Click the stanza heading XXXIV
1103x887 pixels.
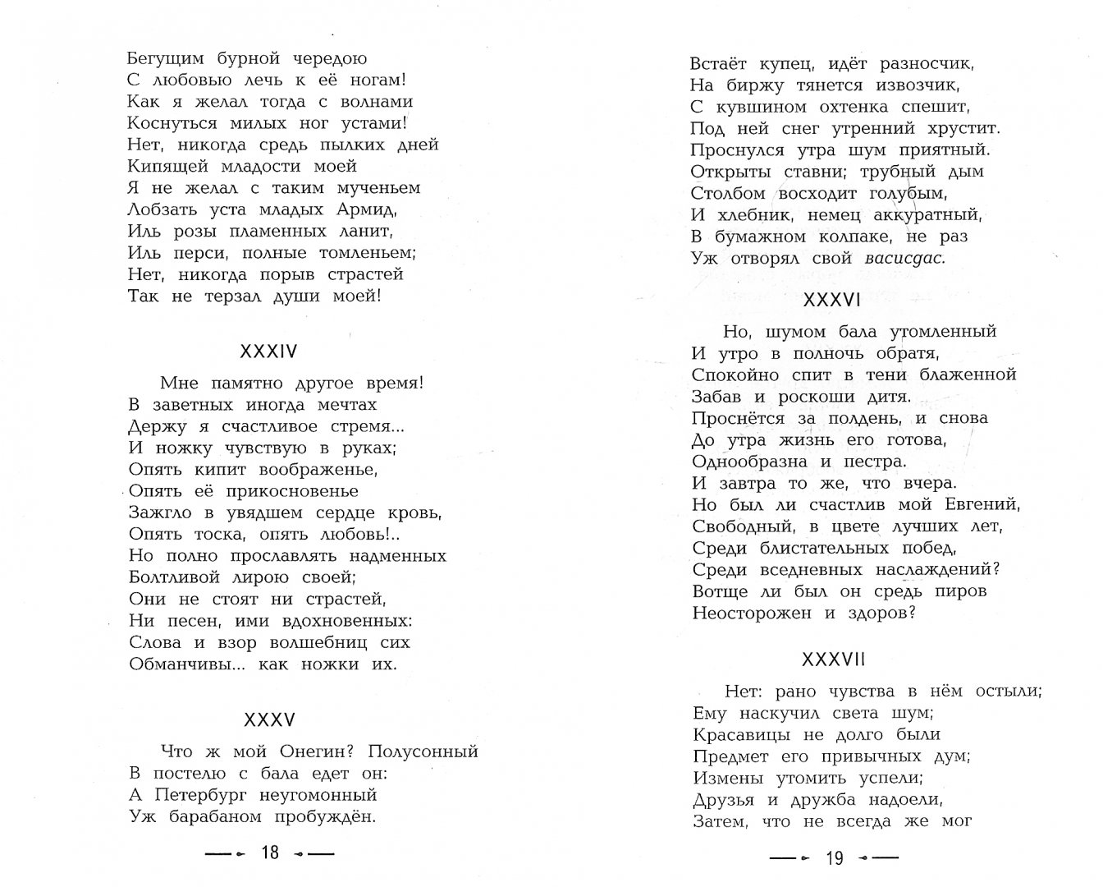click(268, 352)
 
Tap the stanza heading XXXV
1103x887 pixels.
click(269, 720)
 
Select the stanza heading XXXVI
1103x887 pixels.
click(832, 300)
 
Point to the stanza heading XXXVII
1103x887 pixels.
click(834, 660)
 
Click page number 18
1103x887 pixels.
click(270, 853)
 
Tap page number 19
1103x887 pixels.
click(835, 858)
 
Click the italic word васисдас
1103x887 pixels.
click(905, 258)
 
